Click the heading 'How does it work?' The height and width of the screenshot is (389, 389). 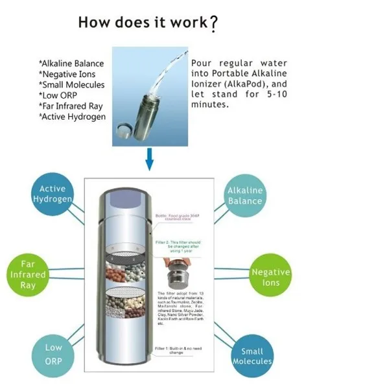coord(148,22)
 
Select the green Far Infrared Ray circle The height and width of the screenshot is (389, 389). coord(29,274)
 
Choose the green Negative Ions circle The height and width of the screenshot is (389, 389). coord(270,277)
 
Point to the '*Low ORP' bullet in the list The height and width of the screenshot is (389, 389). coord(60,95)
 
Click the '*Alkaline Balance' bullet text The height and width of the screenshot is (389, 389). coord(71,64)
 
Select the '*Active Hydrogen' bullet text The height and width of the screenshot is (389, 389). coord(72,117)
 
